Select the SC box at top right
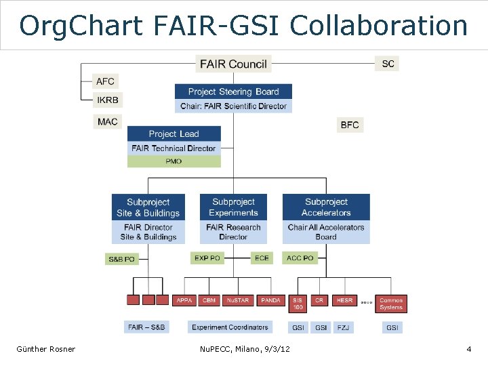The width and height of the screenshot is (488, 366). coord(387,64)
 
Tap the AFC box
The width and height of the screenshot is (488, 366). coord(105,81)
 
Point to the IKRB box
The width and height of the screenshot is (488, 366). coord(107,100)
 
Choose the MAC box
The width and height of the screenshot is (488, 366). coord(107,122)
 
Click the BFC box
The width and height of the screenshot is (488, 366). coord(350,125)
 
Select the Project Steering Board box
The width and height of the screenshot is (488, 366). coord(233,91)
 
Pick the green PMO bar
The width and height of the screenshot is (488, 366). coord(174,161)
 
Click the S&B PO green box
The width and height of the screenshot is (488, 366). coord(122,259)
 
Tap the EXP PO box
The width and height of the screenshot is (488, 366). coord(207,258)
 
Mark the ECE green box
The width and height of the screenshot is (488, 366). coord(262,258)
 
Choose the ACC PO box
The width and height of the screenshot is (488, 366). coord(300,258)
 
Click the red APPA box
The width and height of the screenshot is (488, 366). coord(184,300)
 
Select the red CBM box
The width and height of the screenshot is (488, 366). coord(209,300)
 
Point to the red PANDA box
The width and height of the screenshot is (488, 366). coord(271,300)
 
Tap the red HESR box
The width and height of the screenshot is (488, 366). coord(344,300)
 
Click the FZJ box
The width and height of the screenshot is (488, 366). coord(344,327)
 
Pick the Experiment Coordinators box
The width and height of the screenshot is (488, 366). coord(230,327)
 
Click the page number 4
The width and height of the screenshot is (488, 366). coord(468,349)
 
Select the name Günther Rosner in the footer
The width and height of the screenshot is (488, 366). coord(46,349)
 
